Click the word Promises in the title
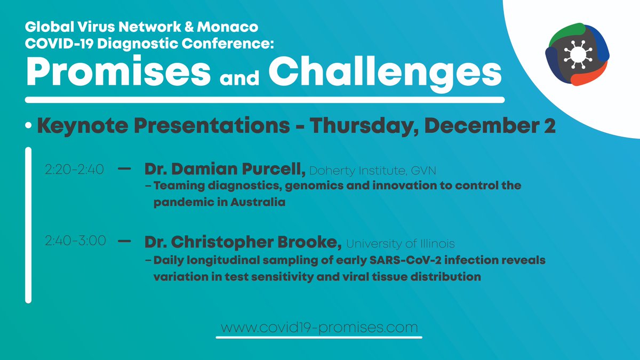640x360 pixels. tap(118, 73)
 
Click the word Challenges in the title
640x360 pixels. tap(385, 73)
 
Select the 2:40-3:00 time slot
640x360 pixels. tap(75, 242)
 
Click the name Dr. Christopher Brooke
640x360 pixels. tap(243, 243)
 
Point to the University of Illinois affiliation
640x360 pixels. tap(401, 244)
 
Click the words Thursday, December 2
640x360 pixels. tap(433, 127)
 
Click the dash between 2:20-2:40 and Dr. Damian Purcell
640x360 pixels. tap(124, 170)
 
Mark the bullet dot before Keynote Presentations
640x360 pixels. tap(28, 127)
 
